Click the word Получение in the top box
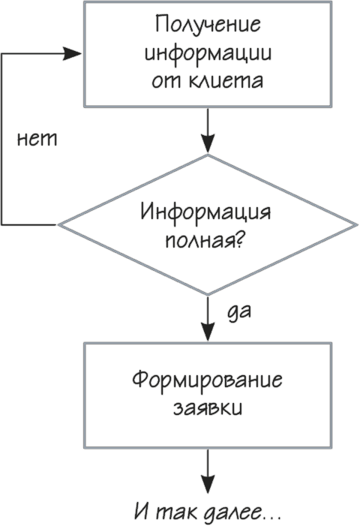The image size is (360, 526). (208, 26)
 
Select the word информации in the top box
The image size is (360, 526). (208, 54)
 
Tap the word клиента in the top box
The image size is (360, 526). (226, 80)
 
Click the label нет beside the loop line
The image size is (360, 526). (37, 139)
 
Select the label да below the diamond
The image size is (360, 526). (239, 312)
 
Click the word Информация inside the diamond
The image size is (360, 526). (205, 212)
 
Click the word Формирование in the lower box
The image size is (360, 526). (207, 381)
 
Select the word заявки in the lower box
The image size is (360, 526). (208, 409)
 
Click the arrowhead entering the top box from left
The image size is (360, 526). (72, 54)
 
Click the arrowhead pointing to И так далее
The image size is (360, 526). (208, 485)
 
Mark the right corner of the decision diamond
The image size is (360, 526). (357, 225)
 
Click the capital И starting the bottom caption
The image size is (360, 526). (144, 512)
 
